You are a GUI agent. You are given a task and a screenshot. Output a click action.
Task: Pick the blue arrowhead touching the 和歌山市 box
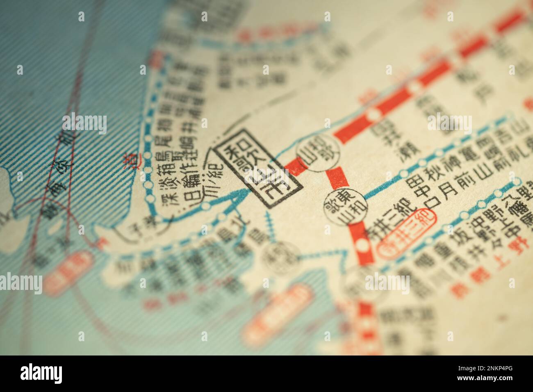coord(240,198)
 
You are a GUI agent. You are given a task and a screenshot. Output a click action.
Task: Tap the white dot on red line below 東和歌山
coord(363,245)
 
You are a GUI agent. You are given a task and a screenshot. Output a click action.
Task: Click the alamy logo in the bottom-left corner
coord(41,373)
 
